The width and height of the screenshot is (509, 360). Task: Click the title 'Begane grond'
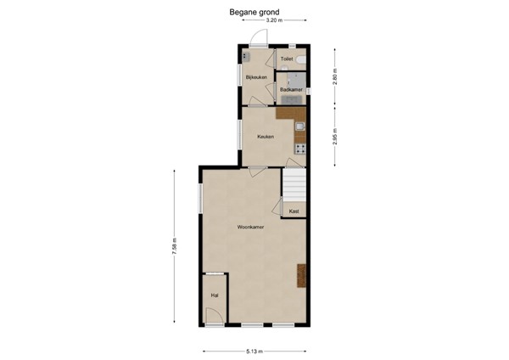(x=255, y=12)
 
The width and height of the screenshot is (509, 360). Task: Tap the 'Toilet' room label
(x=287, y=59)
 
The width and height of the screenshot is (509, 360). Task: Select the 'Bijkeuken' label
(x=256, y=77)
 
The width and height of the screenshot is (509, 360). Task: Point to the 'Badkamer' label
(x=291, y=88)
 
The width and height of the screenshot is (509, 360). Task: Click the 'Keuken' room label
(x=266, y=136)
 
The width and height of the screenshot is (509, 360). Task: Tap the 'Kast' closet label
(x=294, y=211)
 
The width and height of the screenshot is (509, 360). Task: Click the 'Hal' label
(x=215, y=295)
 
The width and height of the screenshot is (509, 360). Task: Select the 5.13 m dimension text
(x=255, y=351)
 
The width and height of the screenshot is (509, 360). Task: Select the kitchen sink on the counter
(x=299, y=128)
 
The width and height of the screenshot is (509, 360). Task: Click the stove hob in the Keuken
(x=299, y=149)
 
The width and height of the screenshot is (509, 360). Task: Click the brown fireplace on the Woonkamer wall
(x=300, y=277)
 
